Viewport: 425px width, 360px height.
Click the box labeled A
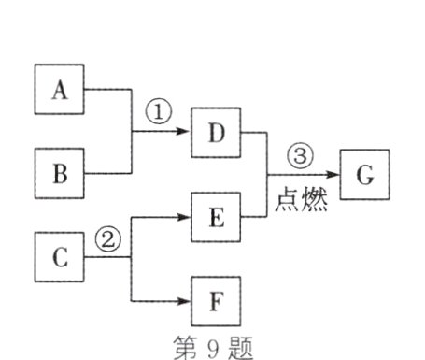(x=61, y=90)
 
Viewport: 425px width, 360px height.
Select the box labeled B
(x=61, y=175)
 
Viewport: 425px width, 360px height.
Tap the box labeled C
(x=61, y=257)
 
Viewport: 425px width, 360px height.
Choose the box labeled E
(x=215, y=217)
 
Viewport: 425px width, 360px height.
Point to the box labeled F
(x=215, y=301)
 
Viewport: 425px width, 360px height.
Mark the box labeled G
(x=364, y=175)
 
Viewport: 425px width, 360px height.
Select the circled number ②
(x=109, y=238)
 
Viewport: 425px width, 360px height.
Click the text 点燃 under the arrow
(x=301, y=200)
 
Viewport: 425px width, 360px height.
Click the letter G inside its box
(x=364, y=175)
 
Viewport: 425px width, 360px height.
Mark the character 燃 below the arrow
(x=313, y=200)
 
